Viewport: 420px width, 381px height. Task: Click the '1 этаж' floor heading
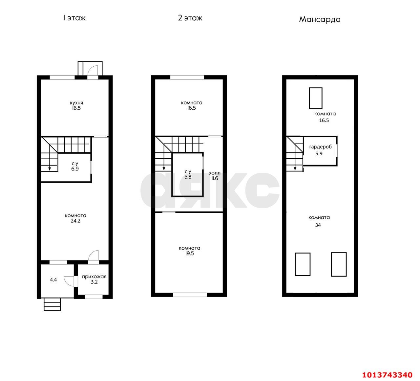74,18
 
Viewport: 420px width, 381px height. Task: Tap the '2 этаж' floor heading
190,18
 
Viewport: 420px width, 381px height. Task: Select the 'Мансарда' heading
320,20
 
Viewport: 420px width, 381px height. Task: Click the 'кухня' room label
76,103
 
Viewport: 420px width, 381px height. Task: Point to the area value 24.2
75,221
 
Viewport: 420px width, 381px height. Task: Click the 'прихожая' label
94,277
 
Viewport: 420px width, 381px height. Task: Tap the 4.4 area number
53,280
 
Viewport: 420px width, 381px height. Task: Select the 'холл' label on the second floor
215,173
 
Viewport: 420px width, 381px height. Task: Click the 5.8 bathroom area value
188,177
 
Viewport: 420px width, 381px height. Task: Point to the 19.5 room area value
189,253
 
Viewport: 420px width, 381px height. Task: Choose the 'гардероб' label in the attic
320,147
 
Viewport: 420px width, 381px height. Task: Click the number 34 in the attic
318,225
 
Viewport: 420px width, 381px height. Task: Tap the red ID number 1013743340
387,375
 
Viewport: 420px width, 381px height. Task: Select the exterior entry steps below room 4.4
52,304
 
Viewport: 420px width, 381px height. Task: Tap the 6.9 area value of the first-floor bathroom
75,169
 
